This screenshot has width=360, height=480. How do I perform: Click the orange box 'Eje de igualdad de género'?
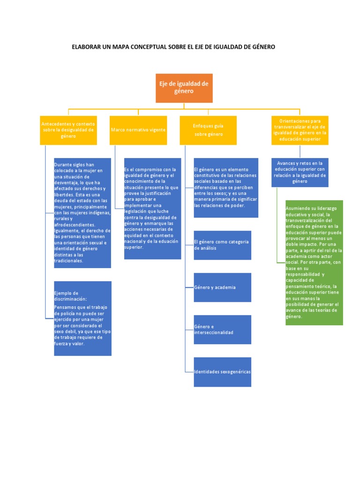(184, 88)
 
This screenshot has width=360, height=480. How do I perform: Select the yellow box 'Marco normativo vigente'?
(138, 130)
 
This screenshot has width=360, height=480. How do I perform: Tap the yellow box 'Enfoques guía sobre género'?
(208, 130)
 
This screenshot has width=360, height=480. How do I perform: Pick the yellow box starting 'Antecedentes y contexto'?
(68, 130)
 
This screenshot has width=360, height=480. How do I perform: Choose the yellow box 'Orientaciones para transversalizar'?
(300, 130)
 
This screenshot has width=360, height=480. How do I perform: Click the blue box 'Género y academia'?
(222, 287)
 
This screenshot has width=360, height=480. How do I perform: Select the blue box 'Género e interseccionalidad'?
(222, 329)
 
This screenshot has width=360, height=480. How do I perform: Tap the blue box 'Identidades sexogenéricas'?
(222, 372)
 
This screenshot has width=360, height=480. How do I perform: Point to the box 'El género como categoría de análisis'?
(222, 245)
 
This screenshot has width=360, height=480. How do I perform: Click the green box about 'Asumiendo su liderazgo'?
(314, 262)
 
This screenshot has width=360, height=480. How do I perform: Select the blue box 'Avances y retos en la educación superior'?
(300, 172)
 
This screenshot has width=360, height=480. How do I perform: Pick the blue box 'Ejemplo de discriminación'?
(82, 318)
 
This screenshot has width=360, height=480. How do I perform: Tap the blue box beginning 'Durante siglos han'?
(82, 213)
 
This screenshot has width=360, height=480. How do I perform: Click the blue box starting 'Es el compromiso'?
(152, 208)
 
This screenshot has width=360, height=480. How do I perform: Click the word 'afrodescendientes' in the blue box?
(74, 225)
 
